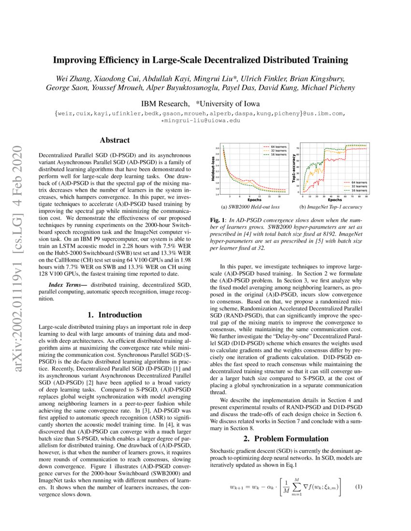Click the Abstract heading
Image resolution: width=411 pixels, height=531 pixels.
[x=115, y=140]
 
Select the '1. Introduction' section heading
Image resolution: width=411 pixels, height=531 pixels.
[x=115, y=315]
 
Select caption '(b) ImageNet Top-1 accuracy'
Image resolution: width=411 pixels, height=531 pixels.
[x=331, y=208]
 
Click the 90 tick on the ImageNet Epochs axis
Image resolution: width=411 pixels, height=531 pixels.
[x=366, y=197]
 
